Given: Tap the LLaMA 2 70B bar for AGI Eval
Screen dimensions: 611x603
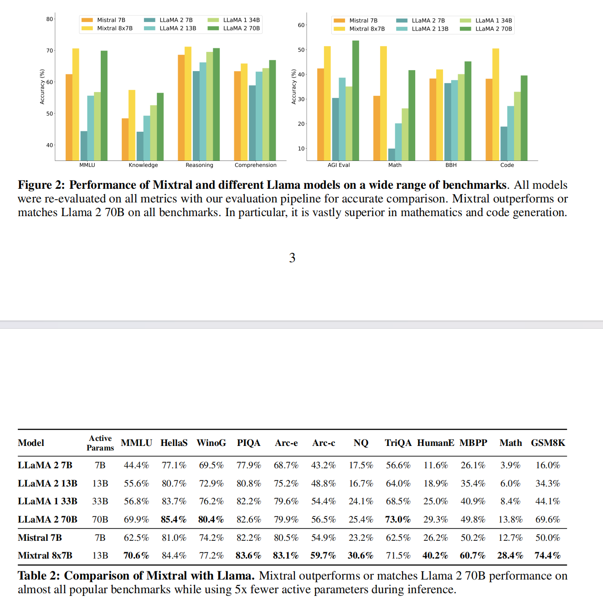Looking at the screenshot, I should tap(356, 100).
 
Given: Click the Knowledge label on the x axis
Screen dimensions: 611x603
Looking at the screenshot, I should tap(143, 165).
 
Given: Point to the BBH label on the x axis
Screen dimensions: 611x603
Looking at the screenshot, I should tap(451, 165).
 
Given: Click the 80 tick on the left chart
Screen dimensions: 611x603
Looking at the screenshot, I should tap(49, 19).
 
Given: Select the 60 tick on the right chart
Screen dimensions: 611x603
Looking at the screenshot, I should tap(301, 25).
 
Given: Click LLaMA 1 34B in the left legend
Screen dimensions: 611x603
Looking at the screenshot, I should tap(241, 20).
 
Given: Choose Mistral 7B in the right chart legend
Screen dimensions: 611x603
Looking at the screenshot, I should tap(363, 21).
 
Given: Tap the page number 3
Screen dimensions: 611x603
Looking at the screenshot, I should tap(292, 258).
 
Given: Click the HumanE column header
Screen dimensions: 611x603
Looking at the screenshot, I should tap(435, 443).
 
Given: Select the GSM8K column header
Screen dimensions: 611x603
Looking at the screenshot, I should tap(548, 443).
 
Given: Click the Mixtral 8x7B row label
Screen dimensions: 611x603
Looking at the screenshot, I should tap(45, 555).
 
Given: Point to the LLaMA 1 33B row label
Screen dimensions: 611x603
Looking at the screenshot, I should tap(47, 501).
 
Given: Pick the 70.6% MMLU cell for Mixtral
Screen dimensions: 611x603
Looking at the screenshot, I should tap(136, 555).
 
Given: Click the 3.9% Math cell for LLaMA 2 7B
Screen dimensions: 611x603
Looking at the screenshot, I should tap(510, 465).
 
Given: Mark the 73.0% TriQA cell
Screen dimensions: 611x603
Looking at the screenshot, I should tap(398, 519).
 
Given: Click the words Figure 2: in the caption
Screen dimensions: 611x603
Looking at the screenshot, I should tap(41, 185).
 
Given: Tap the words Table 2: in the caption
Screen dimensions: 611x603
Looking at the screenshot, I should tap(39, 576).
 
